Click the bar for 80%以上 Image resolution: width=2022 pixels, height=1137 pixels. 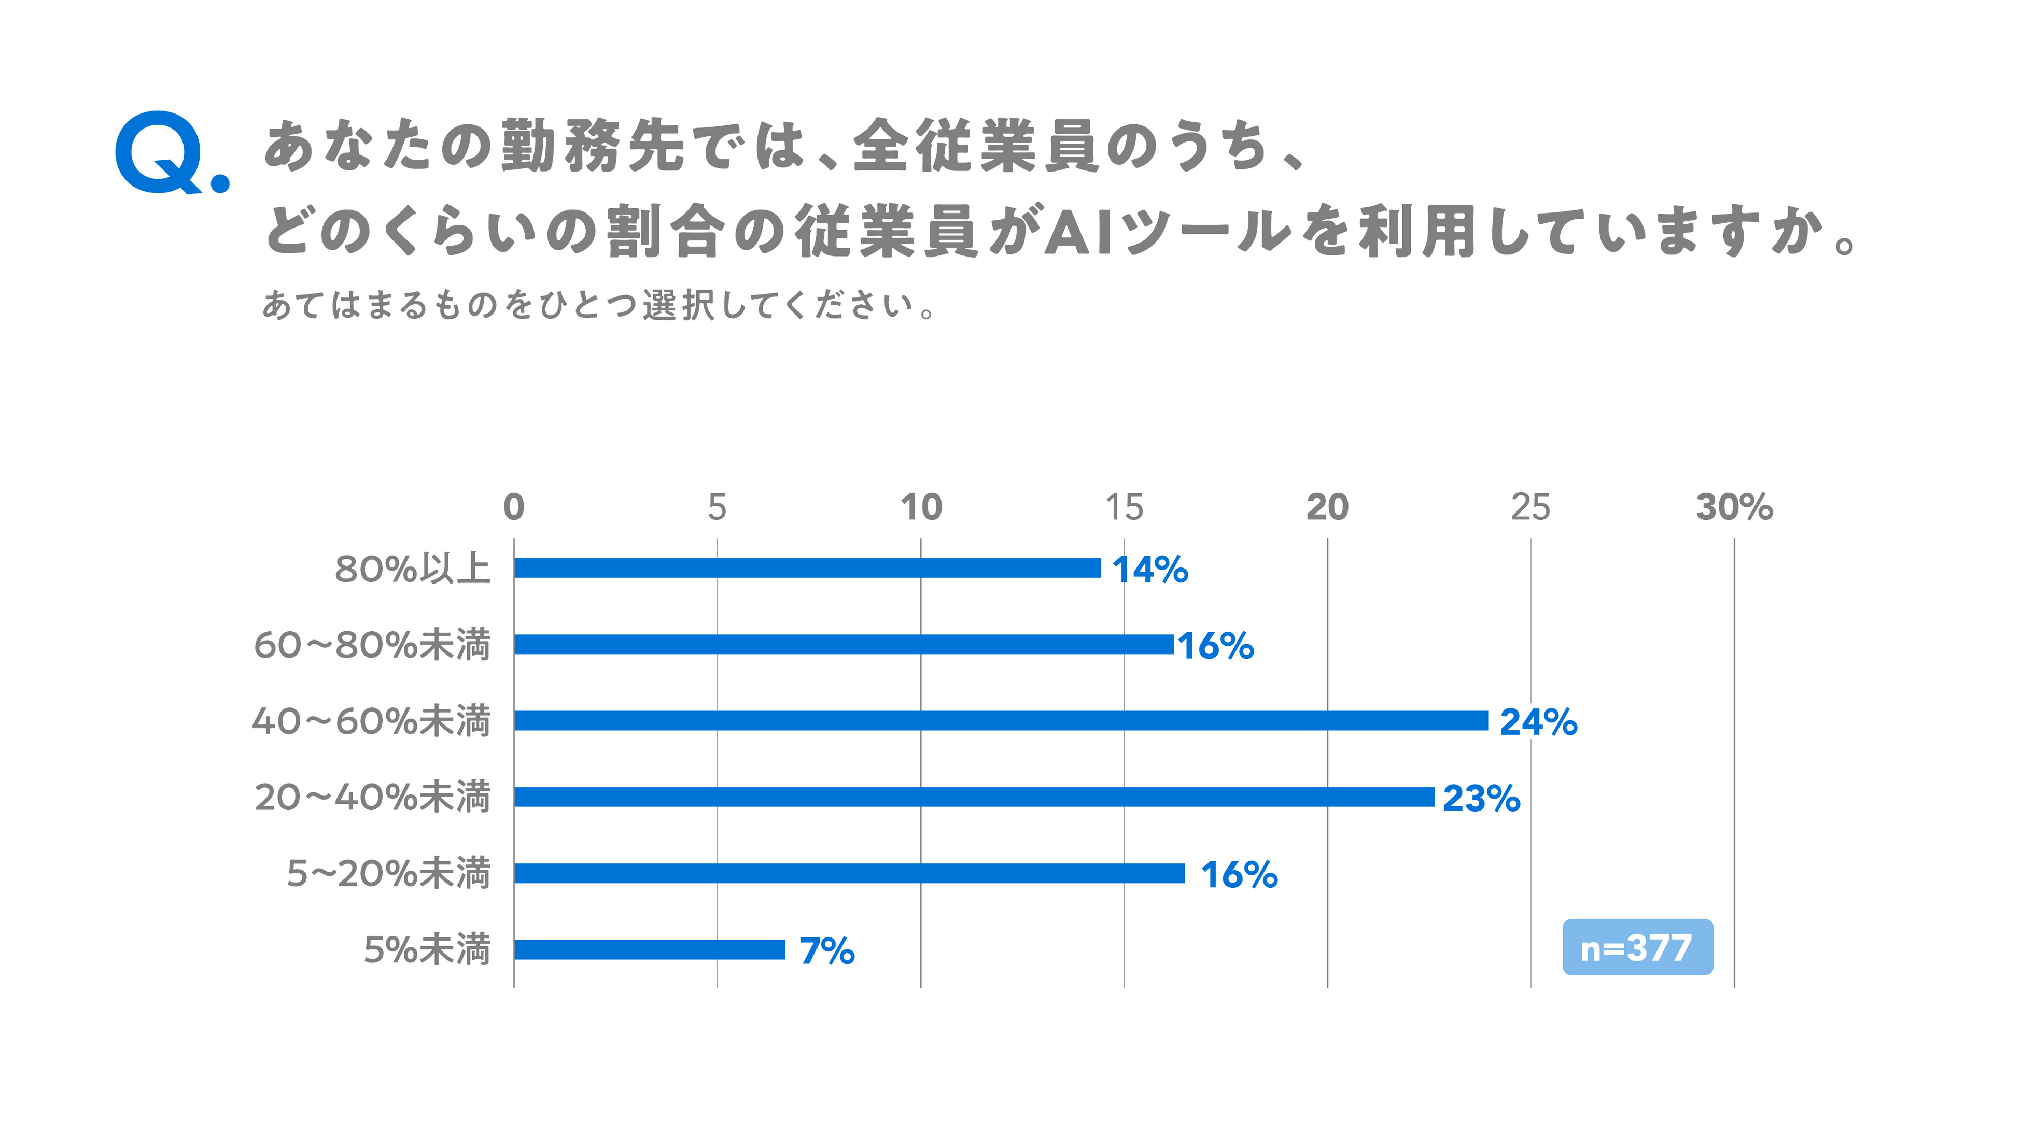click(808, 568)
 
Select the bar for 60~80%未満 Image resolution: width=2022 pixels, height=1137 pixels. click(844, 644)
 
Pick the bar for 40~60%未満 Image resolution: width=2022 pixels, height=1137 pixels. click(1001, 720)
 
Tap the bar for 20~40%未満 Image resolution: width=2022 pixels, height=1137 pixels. click(974, 797)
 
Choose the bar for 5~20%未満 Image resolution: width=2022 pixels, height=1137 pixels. click(849, 873)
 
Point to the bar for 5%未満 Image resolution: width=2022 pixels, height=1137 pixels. click(649, 949)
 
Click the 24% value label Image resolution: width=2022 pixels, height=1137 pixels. click(1538, 722)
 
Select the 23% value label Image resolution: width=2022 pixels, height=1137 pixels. click(1481, 798)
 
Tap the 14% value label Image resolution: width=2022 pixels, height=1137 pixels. click(1150, 570)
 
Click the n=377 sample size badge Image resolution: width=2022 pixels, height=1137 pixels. click(1637, 947)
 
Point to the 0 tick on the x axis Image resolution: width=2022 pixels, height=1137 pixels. click(514, 507)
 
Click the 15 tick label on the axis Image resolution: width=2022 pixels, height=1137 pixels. click(1124, 507)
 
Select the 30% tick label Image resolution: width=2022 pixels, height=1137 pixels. click(1734, 507)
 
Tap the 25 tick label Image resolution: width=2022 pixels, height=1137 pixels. click(1530, 507)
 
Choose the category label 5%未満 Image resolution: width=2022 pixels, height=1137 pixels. click(427, 949)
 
